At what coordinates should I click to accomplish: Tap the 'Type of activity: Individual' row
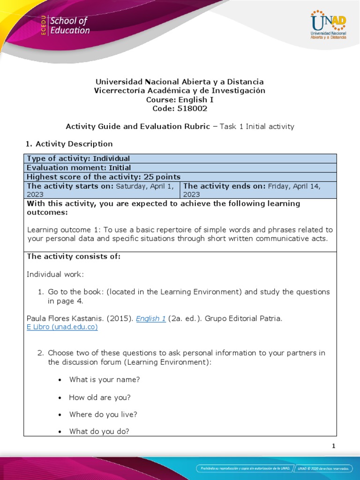pos(78,158)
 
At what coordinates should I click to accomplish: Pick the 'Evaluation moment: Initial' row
pos(79,167)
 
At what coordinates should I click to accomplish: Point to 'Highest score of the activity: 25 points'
pos(104,177)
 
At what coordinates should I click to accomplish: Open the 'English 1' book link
pos(150,319)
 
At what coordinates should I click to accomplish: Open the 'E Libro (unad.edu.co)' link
pos(62,327)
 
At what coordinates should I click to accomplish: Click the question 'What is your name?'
pos(105,380)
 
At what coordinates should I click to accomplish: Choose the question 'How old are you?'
pos(99,397)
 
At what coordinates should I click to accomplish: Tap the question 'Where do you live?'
pos(103,415)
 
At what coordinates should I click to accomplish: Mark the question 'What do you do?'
pos(99,432)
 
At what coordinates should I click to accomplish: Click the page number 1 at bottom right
pos(333,446)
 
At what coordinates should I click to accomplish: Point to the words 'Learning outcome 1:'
pos(64,230)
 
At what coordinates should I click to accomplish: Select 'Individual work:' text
pos(55,274)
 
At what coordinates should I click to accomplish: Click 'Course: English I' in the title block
pos(180,99)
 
